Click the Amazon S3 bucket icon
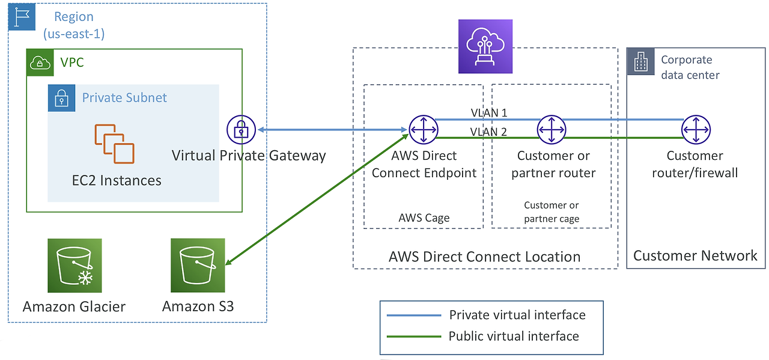[198, 265]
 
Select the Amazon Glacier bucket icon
[74, 265]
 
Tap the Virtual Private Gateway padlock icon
[241, 129]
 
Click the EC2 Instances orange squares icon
[114, 144]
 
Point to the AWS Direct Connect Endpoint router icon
[424, 129]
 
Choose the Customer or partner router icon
[551, 129]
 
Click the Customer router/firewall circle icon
[696, 129]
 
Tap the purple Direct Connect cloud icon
[485, 46]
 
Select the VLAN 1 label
[490, 112]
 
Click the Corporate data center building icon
[640, 61]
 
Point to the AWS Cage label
[424, 218]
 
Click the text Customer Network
[695, 256]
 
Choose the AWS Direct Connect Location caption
[484, 257]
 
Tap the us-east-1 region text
[73, 34]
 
